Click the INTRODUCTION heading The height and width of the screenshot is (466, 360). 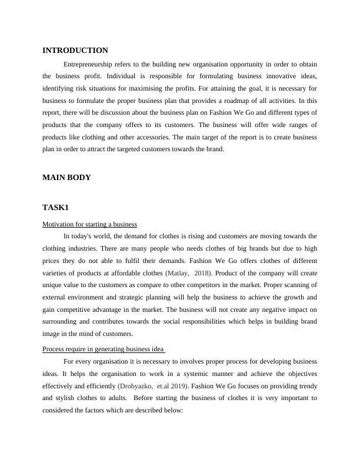click(75, 51)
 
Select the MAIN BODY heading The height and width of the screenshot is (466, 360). click(66, 177)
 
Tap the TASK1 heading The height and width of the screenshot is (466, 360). click(55, 208)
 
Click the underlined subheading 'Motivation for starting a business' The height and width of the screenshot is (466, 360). click(89, 224)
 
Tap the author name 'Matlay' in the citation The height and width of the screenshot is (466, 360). click(179, 273)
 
